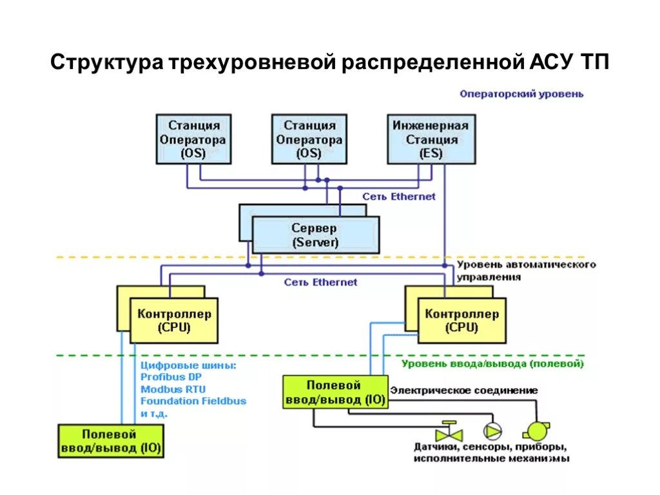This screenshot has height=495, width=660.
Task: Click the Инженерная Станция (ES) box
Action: (x=431, y=139)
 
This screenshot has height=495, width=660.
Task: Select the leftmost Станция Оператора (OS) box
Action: (x=193, y=139)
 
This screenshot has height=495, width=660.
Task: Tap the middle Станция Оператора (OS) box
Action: (x=309, y=139)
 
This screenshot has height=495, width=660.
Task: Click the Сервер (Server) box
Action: (x=315, y=235)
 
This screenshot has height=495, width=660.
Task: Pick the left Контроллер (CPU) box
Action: (x=174, y=320)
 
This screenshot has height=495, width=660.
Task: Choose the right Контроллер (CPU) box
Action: (x=461, y=320)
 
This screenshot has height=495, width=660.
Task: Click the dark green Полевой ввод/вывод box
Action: (x=110, y=441)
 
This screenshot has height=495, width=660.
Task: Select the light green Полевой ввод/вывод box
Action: (x=335, y=392)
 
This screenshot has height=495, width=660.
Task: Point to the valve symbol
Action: (x=445, y=429)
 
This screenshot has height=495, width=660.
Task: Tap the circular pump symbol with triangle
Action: (x=492, y=430)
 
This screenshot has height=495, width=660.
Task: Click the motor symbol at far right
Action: (x=535, y=430)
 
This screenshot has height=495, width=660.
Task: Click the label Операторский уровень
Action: (x=521, y=93)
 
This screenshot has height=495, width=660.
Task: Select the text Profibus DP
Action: (x=171, y=377)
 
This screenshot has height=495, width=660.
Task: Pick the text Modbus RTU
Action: (x=173, y=389)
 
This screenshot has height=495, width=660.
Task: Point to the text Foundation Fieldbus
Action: (x=193, y=401)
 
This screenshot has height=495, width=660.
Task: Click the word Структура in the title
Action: (x=108, y=63)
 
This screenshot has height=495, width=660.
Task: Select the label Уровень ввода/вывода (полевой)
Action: (x=492, y=364)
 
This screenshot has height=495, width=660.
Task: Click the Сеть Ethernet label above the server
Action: (x=398, y=197)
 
